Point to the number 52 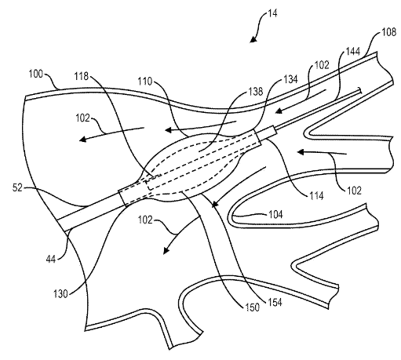(x=18, y=188)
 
